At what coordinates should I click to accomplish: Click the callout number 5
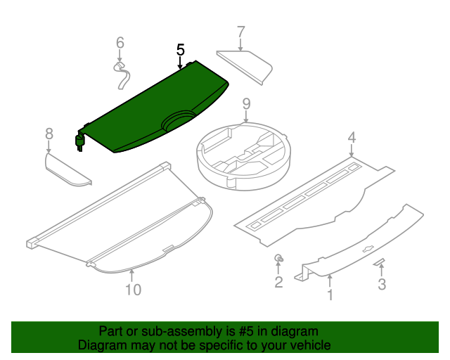pos(181,50)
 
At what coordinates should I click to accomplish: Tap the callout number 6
pos(120,43)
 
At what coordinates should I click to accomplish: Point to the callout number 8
pos(49,134)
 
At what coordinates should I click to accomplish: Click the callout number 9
pos(246,104)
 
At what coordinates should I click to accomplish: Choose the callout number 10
pos(132,289)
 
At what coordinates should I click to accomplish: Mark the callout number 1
pos(330,295)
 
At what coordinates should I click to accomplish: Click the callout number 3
pos(382,284)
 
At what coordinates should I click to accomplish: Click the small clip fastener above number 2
pos(279,259)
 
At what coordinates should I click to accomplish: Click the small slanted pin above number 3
pos(380,262)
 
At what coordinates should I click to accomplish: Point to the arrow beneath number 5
pos(181,63)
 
